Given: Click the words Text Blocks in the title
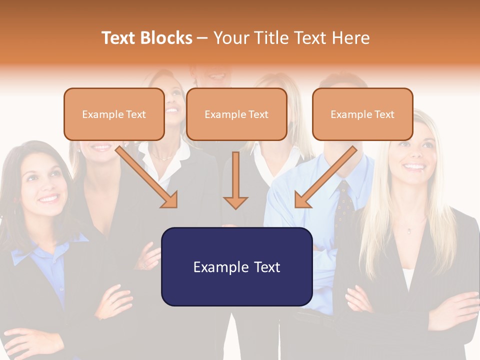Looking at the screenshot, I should point(147,38).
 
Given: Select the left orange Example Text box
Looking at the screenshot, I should point(114,114).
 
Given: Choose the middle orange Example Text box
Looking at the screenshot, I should point(236,114).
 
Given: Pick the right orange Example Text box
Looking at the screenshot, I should point(362,114).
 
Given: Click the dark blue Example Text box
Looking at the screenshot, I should point(236,267).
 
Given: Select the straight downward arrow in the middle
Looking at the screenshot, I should point(235,180).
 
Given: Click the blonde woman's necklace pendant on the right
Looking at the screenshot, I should point(409,230).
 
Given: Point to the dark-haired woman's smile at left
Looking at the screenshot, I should point(48,199).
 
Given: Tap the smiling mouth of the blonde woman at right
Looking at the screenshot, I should point(414,166).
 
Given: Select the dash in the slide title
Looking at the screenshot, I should point(202,38).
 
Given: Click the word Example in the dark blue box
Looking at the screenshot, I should point(218,267).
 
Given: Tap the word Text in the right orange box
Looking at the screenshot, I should point(384,114).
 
